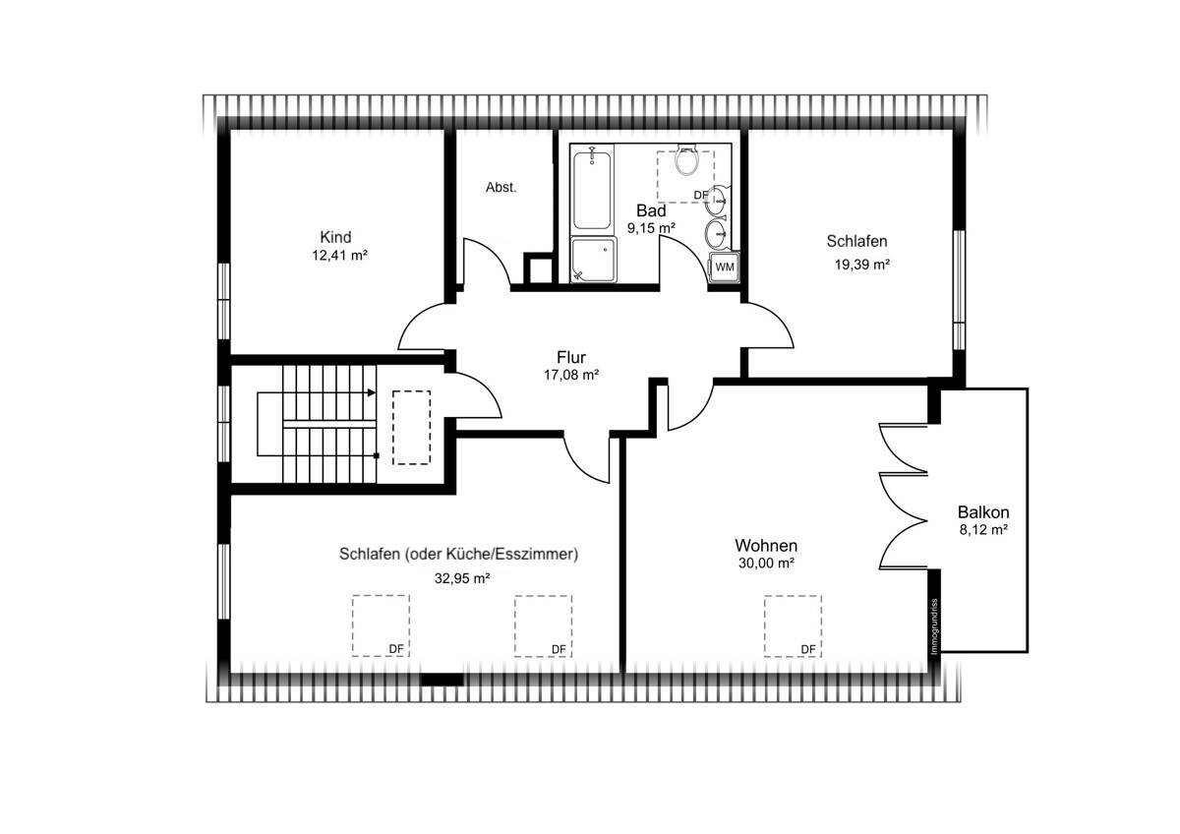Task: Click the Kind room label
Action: (335, 237)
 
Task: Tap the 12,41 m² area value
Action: (339, 256)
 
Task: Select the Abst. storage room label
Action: (501, 187)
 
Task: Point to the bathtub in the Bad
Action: (592, 190)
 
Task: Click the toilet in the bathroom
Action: (687, 158)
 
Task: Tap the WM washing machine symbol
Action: (725, 268)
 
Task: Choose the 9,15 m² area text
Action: (651, 228)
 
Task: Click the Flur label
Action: (571, 357)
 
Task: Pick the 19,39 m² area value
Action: (861, 265)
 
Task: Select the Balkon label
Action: (983, 512)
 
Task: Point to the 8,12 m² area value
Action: (983, 529)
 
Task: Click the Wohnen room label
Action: (766, 545)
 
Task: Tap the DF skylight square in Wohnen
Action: (793, 626)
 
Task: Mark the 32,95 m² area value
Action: (462, 578)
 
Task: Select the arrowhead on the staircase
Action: (372, 393)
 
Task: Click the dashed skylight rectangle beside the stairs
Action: (411, 428)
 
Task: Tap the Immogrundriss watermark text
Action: (934, 625)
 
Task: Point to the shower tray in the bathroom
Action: (594, 261)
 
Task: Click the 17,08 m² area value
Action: (571, 375)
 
